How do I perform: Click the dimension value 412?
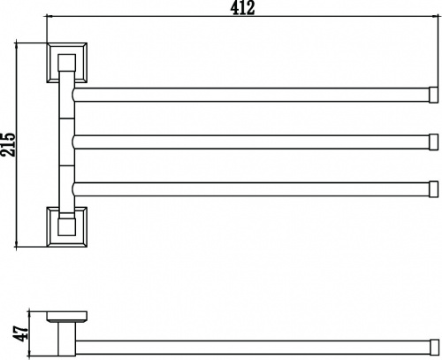pos(242,8)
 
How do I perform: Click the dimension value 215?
pos(8,144)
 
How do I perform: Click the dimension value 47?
pos(21,333)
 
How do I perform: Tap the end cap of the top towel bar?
pos(433,95)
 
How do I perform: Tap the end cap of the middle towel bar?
pos(433,142)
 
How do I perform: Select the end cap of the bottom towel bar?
pos(433,189)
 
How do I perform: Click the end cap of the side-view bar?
pos(434,347)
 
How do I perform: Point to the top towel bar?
pos(250,95)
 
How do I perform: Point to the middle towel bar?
pos(250,142)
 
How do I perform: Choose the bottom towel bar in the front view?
pos(250,189)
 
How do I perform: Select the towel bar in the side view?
pos(253,347)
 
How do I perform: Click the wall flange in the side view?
pos(66,316)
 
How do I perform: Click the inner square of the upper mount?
pos(66,62)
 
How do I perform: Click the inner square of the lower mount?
pos(66,226)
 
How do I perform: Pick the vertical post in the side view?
pos(66,339)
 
